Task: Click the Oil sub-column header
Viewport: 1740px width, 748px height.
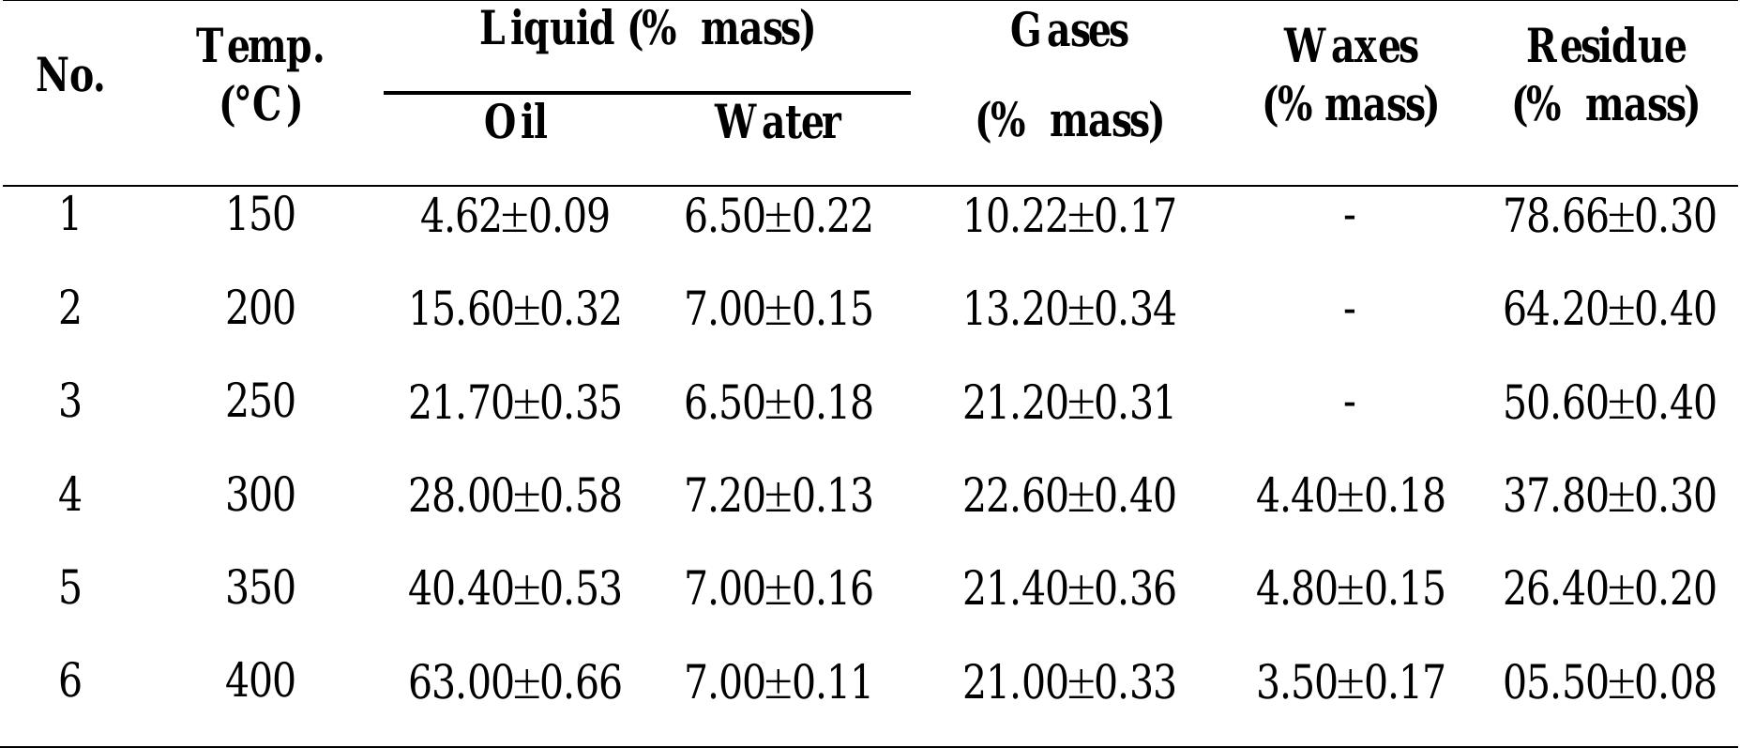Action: pyautogui.click(x=515, y=122)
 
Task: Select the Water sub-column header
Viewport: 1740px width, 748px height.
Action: pyautogui.click(x=777, y=122)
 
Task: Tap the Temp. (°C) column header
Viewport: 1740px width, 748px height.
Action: pyautogui.click(x=261, y=75)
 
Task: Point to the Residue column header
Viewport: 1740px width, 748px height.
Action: pyautogui.click(x=1606, y=75)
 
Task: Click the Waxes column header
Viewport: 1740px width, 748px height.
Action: pyautogui.click(x=1350, y=75)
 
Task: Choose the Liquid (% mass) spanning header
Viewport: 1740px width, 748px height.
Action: pyautogui.click(x=646, y=28)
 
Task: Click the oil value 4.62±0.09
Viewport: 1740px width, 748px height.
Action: pyautogui.click(x=515, y=217)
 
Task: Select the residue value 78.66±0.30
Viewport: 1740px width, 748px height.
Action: pyautogui.click(x=1610, y=217)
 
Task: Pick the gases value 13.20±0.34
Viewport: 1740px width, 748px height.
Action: pyautogui.click(x=1068, y=310)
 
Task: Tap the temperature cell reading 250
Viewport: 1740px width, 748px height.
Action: pyautogui.click(x=261, y=402)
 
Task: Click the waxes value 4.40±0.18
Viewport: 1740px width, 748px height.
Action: pyautogui.click(x=1350, y=496)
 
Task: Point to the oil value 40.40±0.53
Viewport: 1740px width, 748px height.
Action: pyautogui.click(x=515, y=588)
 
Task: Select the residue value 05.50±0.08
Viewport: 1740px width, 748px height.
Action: pyautogui.click(x=1610, y=681)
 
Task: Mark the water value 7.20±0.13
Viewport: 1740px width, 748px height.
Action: pyautogui.click(x=779, y=496)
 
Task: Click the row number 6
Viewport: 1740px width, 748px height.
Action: pyautogui.click(x=70, y=680)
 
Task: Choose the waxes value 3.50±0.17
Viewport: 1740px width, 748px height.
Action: pyautogui.click(x=1350, y=681)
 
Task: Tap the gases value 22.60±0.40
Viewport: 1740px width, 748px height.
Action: pyautogui.click(x=1068, y=496)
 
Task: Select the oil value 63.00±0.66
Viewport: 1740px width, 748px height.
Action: pyautogui.click(x=515, y=681)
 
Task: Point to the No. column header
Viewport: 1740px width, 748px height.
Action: pyautogui.click(x=70, y=75)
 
